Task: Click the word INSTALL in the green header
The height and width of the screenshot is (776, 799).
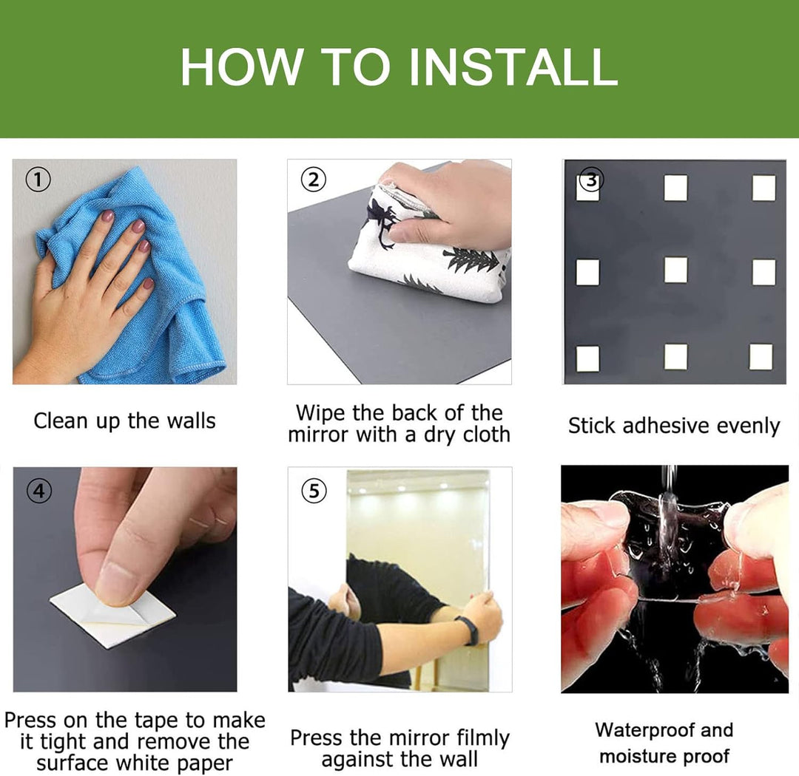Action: point(513,67)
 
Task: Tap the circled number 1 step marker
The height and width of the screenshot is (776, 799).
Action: point(38,180)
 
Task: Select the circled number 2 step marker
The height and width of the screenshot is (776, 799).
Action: point(314,180)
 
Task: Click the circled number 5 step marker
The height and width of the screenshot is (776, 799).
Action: point(314,491)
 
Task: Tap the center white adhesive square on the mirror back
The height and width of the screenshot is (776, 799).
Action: point(675,270)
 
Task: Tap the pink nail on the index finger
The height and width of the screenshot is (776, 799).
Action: point(107,215)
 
